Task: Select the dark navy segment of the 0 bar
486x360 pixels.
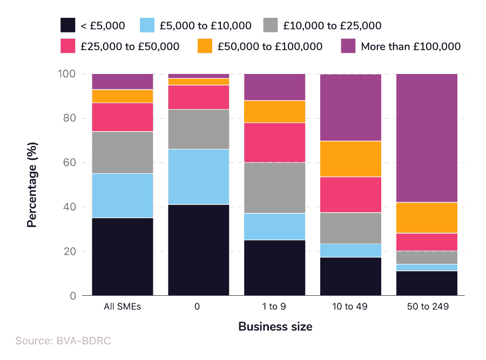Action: click(x=198, y=250)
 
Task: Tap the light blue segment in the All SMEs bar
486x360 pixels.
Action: click(x=122, y=195)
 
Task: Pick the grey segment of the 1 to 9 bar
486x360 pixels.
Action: click(x=274, y=188)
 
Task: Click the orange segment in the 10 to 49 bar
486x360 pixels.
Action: click(x=350, y=159)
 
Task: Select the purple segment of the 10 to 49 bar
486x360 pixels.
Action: click(x=350, y=107)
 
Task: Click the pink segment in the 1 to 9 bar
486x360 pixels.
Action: click(x=274, y=142)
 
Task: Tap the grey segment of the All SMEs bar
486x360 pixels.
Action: click(x=122, y=152)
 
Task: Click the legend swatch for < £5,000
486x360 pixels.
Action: click(x=68, y=25)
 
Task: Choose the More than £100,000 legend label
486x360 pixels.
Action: click(x=410, y=46)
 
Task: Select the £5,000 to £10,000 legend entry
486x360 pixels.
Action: click(x=205, y=25)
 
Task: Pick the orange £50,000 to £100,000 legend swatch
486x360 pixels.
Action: click(x=205, y=46)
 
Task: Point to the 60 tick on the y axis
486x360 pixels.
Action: click(x=71, y=162)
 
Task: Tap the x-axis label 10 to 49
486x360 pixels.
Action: click(x=350, y=307)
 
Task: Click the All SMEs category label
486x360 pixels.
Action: click(x=122, y=307)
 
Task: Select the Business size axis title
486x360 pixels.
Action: click(x=275, y=327)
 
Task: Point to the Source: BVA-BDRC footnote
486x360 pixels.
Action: click(x=63, y=341)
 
